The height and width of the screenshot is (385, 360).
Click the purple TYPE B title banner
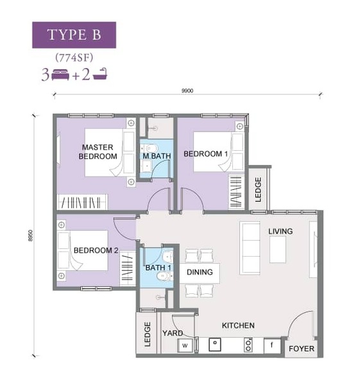pyautogui.click(x=74, y=35)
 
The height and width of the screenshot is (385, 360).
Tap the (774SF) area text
pyautogui.click(x=74, y=58)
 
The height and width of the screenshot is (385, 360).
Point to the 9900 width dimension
pyautogui.click(x=187, y=91)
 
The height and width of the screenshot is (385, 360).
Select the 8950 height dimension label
pyautogui.click(x=30, y=235)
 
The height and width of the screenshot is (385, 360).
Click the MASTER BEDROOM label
pyautogui.click(x=98, y=151)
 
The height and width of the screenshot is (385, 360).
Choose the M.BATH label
pyautogui.click(x=157, y=156)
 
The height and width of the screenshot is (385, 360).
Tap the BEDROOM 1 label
pyautogui.click(x=206, y=154)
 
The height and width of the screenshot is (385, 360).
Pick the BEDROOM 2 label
pyautogui.click(x=96, y=250)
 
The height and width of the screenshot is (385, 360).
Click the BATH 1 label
pyautogui.click(x=158, y=268)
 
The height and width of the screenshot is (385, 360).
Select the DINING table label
pyautogui.click(x=200, y=272)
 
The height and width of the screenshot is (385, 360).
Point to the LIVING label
pyautogui.click(x=280, y=231)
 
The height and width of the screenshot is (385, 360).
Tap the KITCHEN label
pyautogui.click(x=238, y=325)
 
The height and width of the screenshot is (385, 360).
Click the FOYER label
pyautogui.click(x=302, y=348)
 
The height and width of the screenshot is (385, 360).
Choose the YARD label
pyautogui.click(x=173, y=333)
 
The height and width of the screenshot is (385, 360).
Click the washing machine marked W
pyautogui.click(x=185, y=345)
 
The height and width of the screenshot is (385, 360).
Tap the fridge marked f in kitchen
pyautogui.click(x=272, y=345)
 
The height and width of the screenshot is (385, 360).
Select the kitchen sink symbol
pyautogui.click(x=215, y=344)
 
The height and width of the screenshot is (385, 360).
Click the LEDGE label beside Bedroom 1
pyautogui.click(x=258, y=190)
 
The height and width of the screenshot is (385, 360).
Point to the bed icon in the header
pyautogui.click(x=60, y=74)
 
